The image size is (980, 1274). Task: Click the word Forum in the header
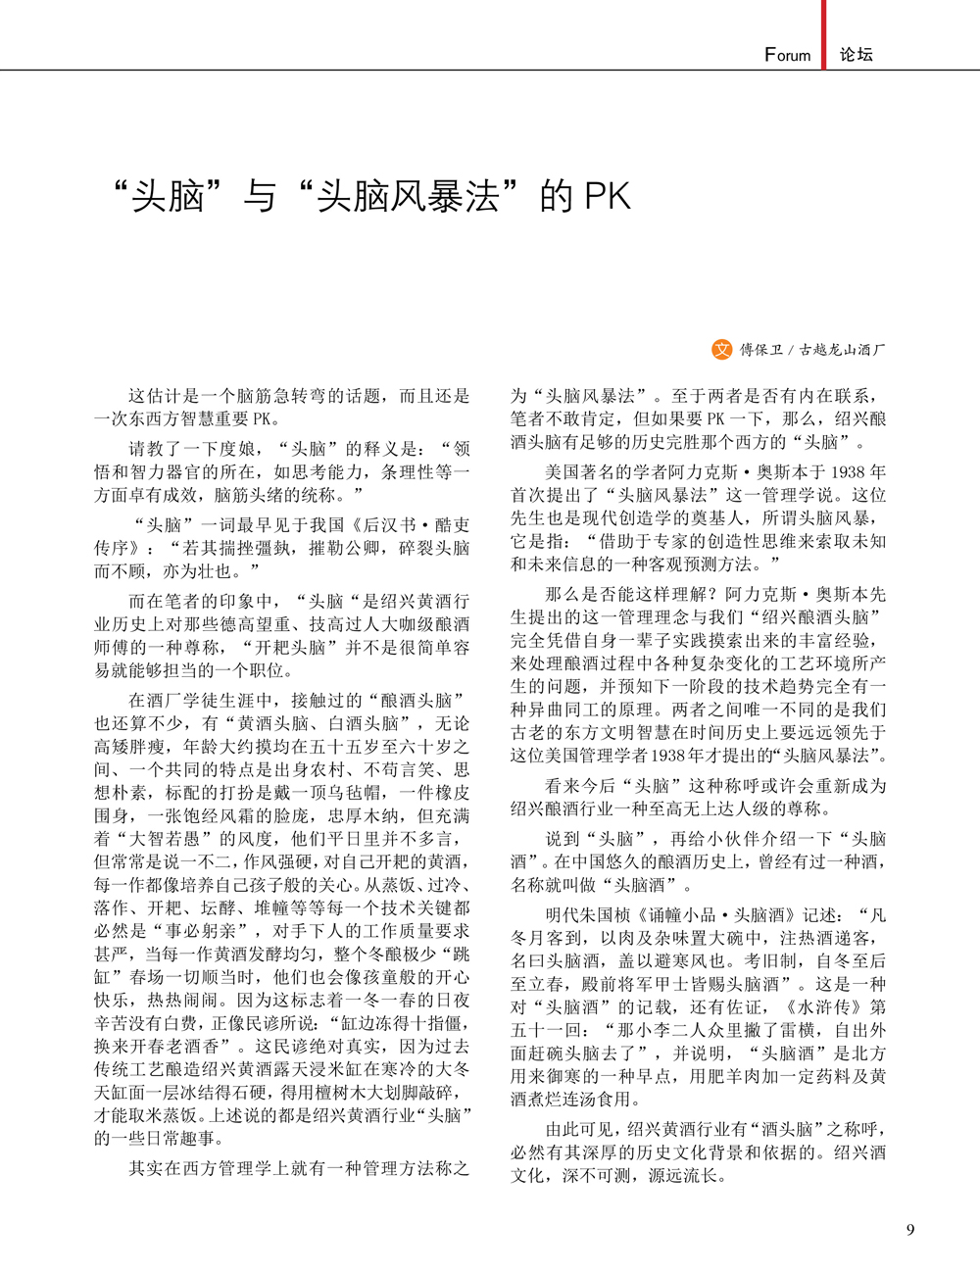coord(788,55)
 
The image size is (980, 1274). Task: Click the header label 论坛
coord(856,55)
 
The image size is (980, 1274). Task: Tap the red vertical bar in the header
coord(824,34)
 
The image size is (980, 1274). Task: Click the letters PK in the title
coord(607,196)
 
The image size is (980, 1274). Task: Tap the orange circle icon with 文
coord(721,349)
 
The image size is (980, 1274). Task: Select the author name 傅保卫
coord(760,350)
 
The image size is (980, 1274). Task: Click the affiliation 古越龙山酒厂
coord(842,350)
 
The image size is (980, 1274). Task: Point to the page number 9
coord(910,1230)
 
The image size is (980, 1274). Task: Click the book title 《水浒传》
coord(823,1006)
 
